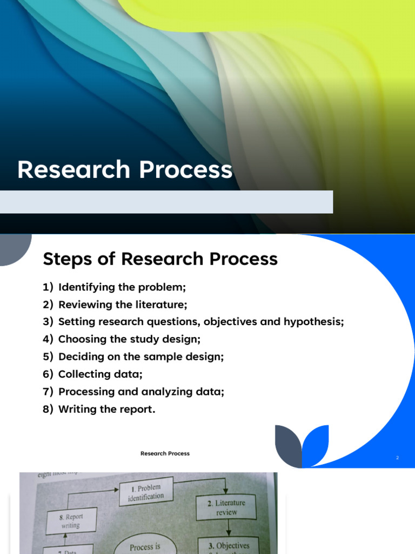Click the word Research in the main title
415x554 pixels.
tap(73, 170)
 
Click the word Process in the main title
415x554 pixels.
tap(185, 170)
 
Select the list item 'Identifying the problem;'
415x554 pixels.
tap(122, 287)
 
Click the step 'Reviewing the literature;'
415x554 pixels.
tap(123, 305)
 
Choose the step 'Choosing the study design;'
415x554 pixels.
tap(129, 339)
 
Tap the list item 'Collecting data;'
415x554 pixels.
tap(100, 374)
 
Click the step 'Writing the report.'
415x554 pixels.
tap(106, 409)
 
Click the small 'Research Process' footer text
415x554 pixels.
tap(165, 453)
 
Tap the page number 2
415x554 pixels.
tap(397, 458)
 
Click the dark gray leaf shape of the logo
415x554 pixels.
tap(288, 446)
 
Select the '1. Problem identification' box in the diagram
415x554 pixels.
tap(146, 492)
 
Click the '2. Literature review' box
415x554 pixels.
tap(226, 507)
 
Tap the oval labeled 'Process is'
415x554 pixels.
tap(145, 546)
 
